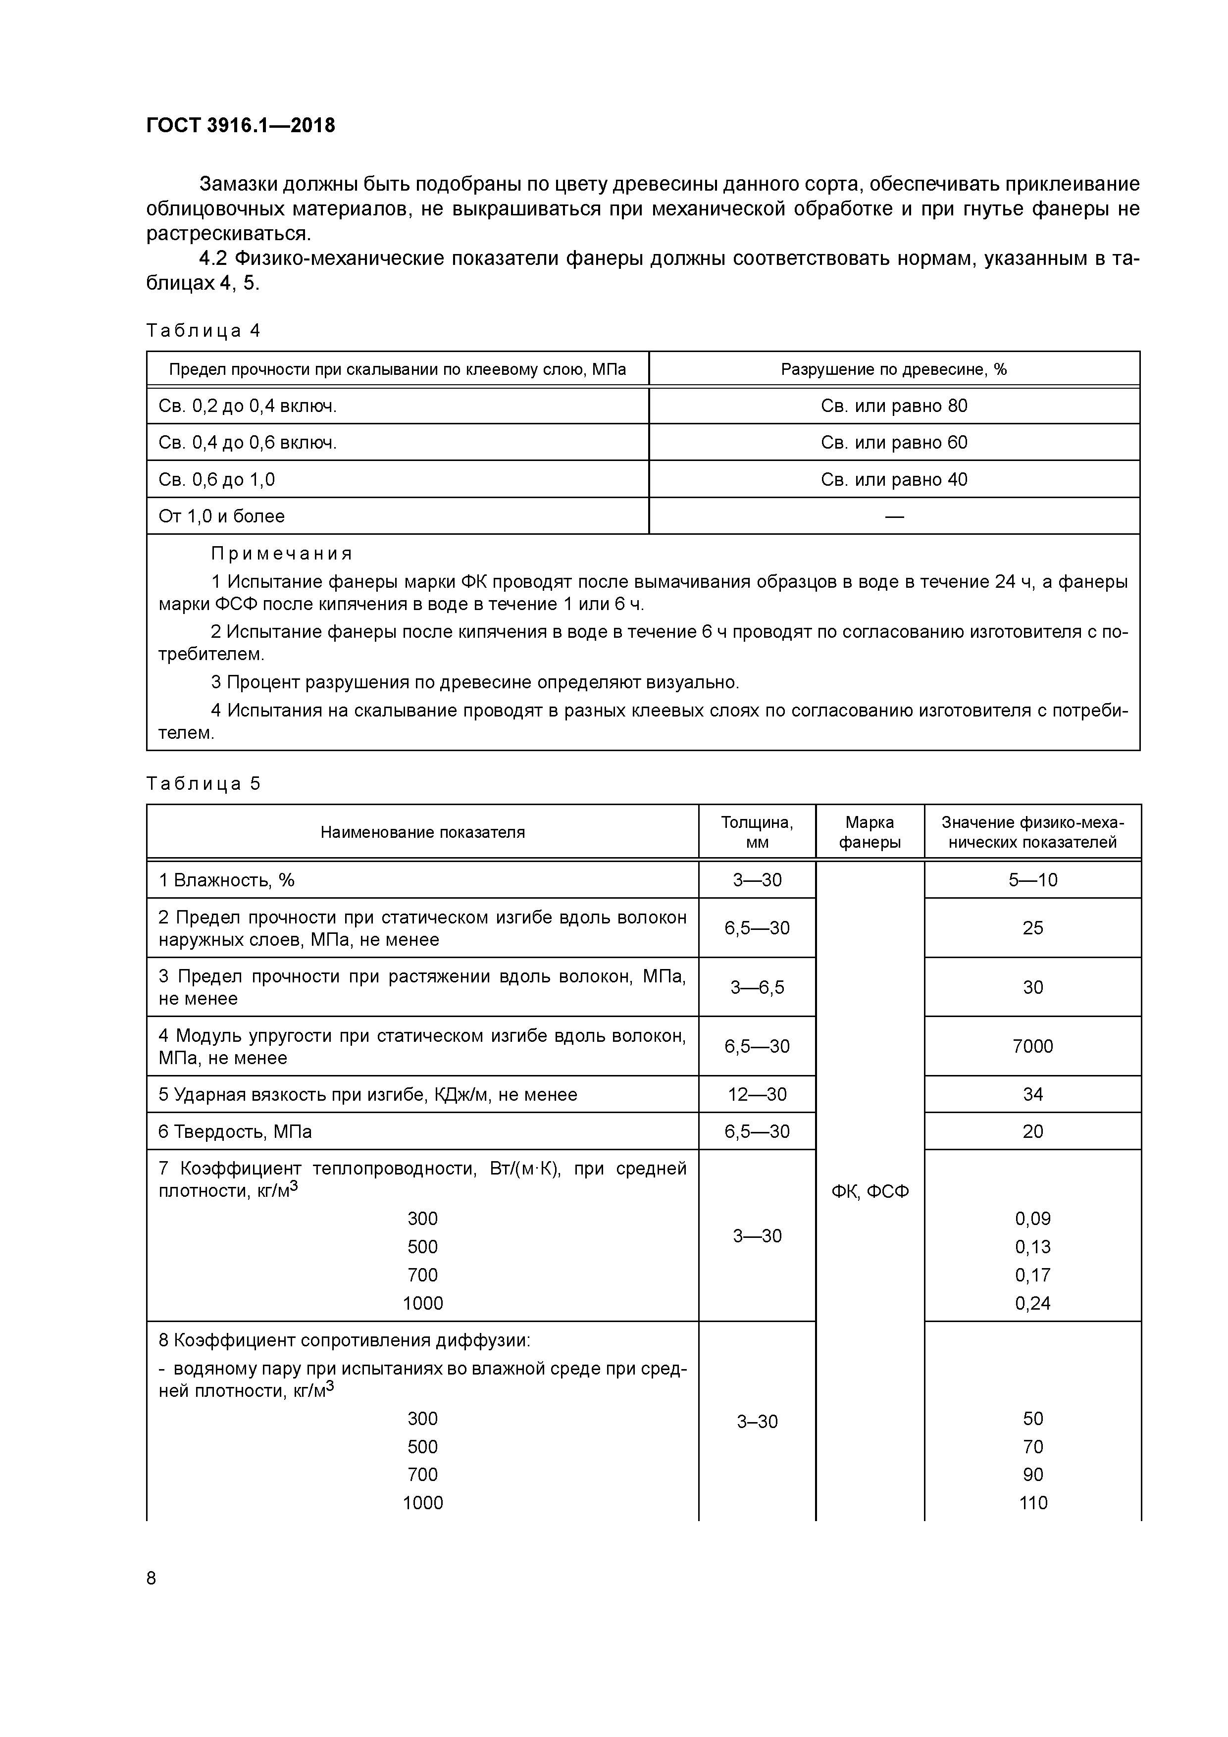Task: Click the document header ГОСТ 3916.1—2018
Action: (241, 126)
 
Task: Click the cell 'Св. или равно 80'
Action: (894, 406)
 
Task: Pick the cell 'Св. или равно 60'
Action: (894, 443)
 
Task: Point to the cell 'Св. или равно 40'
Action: (894, 480)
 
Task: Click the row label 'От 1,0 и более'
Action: (222, 517)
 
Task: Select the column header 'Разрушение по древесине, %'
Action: (894, 369)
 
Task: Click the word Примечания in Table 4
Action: (281, 554)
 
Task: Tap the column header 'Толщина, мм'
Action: (757, 832)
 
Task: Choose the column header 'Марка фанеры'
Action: (870, 832)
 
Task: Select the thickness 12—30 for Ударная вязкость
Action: (757, 1095)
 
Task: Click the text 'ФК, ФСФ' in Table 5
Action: (870, 1191)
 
